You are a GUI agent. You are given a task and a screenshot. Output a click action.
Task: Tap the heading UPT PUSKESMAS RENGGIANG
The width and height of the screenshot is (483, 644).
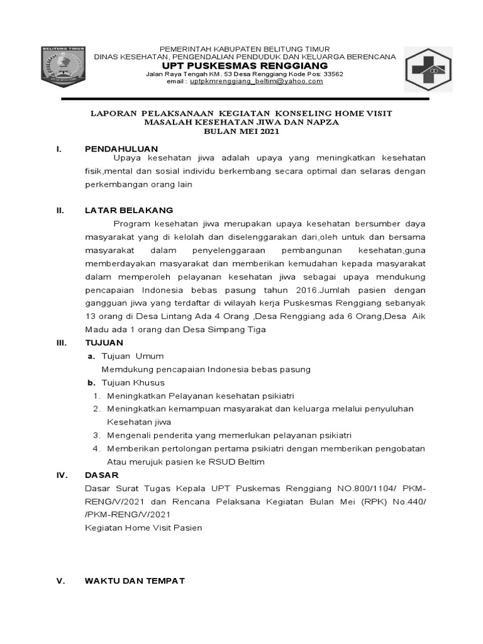(245, 65)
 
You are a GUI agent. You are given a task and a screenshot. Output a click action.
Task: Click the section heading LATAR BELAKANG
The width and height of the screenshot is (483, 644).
(129, 209)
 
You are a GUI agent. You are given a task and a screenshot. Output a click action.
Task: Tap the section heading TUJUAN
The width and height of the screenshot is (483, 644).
(104, 342)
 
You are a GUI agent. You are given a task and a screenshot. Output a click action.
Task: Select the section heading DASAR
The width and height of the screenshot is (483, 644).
(101, 475)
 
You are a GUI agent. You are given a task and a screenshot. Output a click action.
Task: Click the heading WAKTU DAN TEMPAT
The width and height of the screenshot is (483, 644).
(135, 581)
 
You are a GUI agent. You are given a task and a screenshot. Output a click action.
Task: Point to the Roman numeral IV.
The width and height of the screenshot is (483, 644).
(61, 475)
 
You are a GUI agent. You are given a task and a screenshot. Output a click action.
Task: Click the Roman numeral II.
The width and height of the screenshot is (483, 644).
(60, 209)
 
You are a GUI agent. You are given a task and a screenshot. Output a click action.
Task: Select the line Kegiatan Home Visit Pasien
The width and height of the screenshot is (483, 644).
(143, 528)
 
